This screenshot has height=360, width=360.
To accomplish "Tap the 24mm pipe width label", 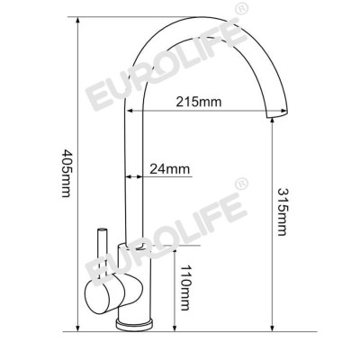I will click(171, 166).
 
